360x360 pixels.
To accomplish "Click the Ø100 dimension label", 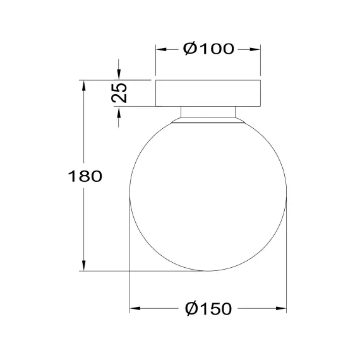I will (x=208, y=49).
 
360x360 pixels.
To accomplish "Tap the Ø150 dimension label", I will (x=208, y=309).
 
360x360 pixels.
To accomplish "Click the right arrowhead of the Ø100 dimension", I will (x=256, y=49).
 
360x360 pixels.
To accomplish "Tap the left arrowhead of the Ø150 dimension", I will (x=134, y=309).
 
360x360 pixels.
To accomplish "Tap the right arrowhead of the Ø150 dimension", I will (x=282, y=309).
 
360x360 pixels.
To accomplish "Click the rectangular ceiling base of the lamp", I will (x=208, y=93).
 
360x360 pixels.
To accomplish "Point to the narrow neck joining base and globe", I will (x=208, y=113).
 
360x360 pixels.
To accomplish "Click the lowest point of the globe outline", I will (x=208, y=271).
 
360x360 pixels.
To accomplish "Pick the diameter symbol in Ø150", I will (x=191, y=309).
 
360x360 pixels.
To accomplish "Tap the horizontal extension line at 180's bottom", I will (x=145, y=271).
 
